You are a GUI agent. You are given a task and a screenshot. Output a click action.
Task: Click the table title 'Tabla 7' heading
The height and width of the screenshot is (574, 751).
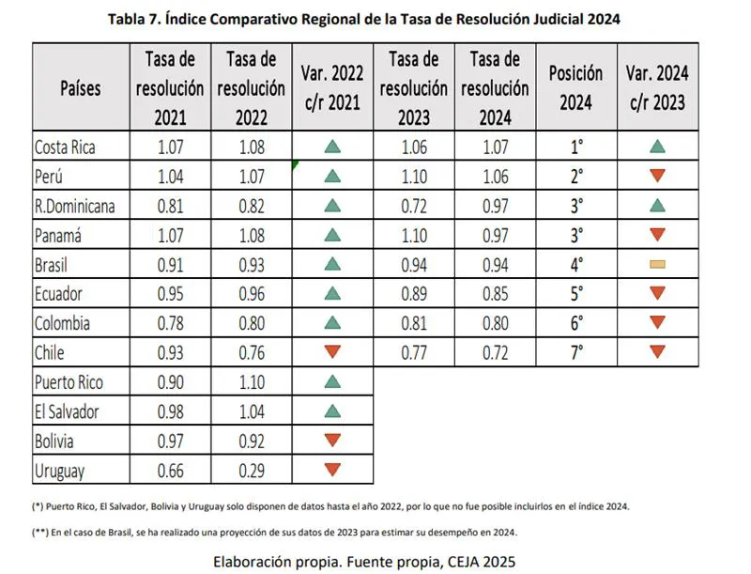click(363, 19)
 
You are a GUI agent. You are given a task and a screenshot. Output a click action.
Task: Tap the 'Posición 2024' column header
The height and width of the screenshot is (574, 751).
click(575, 87)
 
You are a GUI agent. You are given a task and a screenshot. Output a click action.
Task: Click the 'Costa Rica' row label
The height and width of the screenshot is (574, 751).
click(65, 147)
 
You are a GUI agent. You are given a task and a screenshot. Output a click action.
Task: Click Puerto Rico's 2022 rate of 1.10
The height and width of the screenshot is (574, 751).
click(251, 382)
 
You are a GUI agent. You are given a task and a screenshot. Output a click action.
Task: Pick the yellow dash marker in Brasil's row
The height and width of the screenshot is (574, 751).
click(657, 265)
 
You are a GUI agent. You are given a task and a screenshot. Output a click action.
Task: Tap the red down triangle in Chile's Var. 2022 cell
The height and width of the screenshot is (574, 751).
click(331, 352)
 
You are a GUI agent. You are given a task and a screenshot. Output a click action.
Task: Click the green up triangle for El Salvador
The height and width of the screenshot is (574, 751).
click(331, 411)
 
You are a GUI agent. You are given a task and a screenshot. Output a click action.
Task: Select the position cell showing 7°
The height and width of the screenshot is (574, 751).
click(575, 351)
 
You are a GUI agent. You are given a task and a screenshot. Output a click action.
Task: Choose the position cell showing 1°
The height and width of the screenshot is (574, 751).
click(575, 147)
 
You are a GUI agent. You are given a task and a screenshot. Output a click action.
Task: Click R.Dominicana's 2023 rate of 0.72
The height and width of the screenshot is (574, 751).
click(414, 206)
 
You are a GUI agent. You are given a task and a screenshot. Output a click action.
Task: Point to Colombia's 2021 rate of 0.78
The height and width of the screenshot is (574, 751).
click(170, 323)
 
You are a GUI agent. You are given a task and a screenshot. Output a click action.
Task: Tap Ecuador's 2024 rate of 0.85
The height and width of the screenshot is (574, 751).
click(495, 294)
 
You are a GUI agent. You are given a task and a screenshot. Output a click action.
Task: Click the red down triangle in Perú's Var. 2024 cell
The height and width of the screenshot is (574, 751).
click(657, 176)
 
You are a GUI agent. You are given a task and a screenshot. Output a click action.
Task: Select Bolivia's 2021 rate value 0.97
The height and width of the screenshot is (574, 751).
click(170, 440)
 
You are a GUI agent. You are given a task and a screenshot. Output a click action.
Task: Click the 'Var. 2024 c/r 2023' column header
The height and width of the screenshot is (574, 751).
click(657, 87)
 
